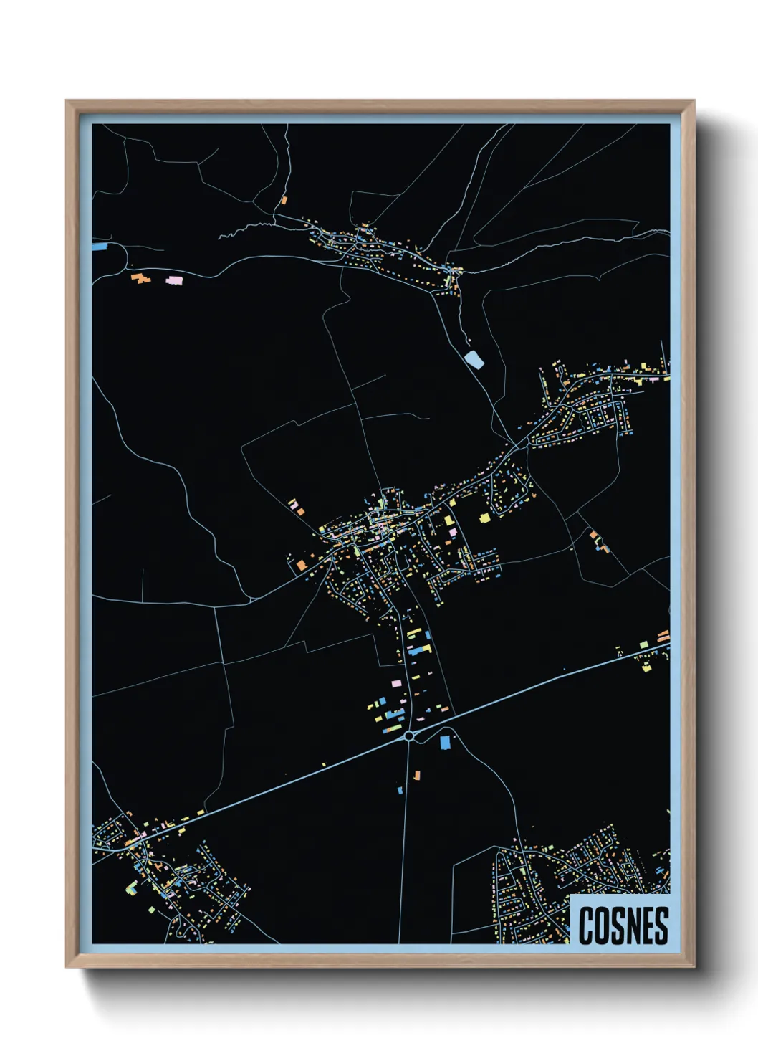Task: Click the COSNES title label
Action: [622, 925]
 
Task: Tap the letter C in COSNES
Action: [586, 926]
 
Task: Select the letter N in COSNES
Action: [637, 926]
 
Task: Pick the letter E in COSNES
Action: [651, 926]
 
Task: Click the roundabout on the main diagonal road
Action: [408, 736]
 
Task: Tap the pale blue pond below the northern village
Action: [474, 358]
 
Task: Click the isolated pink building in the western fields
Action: [174, 280]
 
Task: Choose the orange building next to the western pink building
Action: [138, 277]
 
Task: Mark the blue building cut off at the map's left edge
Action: [100, 247]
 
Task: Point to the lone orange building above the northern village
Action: [284, 201]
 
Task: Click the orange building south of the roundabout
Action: [416, 775]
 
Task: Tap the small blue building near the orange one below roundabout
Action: [400, 790]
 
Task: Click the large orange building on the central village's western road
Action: [302, 565]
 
